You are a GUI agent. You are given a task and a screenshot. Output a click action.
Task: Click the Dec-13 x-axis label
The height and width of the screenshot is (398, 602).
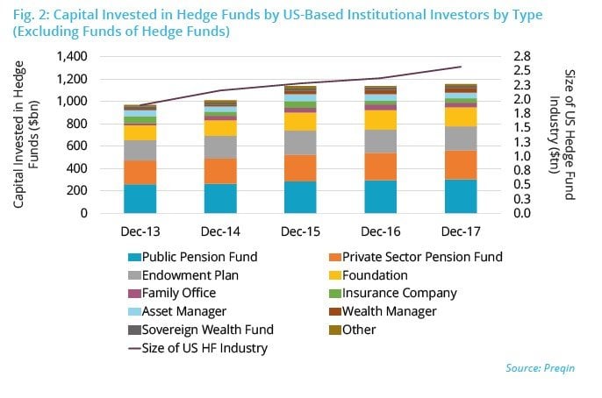[140, 231]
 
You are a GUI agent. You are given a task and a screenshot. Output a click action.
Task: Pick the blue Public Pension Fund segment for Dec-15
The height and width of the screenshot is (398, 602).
[300, 197]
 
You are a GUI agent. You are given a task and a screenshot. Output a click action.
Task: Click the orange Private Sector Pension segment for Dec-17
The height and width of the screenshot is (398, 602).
[461, 165]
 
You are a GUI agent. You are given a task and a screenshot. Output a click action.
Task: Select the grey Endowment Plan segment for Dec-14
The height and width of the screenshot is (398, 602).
[220, 147]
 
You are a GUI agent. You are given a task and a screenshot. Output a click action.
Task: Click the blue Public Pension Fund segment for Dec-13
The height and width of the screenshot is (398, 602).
[140, 199]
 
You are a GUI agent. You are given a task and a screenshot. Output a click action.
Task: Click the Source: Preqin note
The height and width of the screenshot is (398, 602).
[537, 368]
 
